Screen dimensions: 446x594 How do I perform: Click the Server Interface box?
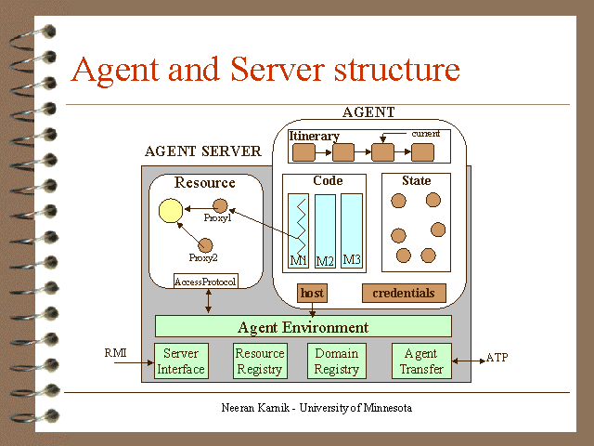(181, 361)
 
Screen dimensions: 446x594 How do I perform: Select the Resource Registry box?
(259, 361)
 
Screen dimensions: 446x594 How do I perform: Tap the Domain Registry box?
(336, 361)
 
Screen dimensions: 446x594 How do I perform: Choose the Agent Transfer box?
(420, 361)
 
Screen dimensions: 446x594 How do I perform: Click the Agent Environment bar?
(303, 327)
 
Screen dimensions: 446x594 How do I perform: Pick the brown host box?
(312, 294)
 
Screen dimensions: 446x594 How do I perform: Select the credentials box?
(403, 294)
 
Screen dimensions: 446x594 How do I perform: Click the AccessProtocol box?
(206, 281)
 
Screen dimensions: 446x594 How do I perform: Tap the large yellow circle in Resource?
(170, 212)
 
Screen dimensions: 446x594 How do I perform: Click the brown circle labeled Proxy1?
(221, 204)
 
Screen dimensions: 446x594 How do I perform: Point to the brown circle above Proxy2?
(206, 243)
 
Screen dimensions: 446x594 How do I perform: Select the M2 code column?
(325, 231)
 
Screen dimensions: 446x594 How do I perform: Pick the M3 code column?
(351, 230)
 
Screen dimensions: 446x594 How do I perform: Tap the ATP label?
(497, 358)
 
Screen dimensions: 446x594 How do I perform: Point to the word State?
(416, 180)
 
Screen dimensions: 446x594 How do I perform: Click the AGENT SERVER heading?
(202, 151)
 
